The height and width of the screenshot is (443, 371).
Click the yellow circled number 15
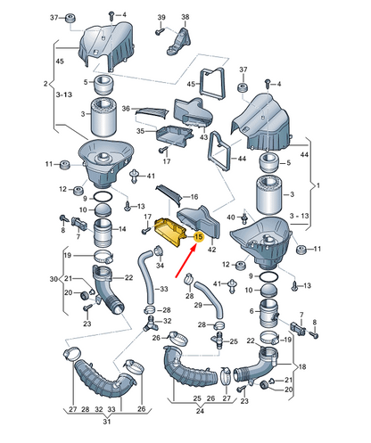tap(198, 237)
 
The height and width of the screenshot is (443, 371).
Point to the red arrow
tap(185, 260)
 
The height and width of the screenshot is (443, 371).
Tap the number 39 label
tap(161, 17)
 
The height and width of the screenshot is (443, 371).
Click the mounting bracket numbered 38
tap(179, 42)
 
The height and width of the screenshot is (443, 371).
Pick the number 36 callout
tap(126, 109)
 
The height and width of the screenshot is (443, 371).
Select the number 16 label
tap(194, 197)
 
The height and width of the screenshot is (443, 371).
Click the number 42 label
tap(211, 250)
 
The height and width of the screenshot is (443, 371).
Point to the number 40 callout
tap(231, 217)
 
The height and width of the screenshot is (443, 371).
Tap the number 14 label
tap(122, 229)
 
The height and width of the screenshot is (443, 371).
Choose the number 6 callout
tap(251, 311)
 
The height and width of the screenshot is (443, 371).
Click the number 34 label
tap(160, 265)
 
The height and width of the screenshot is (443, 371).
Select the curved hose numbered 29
tap(209, 300)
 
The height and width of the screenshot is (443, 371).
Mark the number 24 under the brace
tap(200, 411)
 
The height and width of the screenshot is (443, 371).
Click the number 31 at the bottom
tap(107, 422)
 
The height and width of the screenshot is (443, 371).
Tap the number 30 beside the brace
tap(54, 279)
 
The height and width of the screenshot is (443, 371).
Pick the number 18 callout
tap(302, 366)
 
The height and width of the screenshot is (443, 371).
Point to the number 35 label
tap(140, 131)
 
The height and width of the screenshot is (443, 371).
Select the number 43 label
tap(203, 137)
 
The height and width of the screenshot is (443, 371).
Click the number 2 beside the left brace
tap(45, 84)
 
